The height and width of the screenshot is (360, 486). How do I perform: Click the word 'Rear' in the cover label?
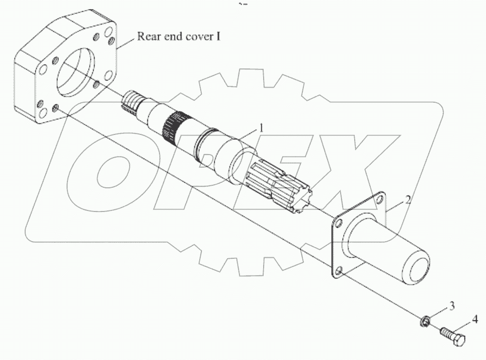point(149,37)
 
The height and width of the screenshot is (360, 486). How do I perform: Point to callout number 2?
point(408,199)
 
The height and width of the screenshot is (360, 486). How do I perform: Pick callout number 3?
point(452,306)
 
